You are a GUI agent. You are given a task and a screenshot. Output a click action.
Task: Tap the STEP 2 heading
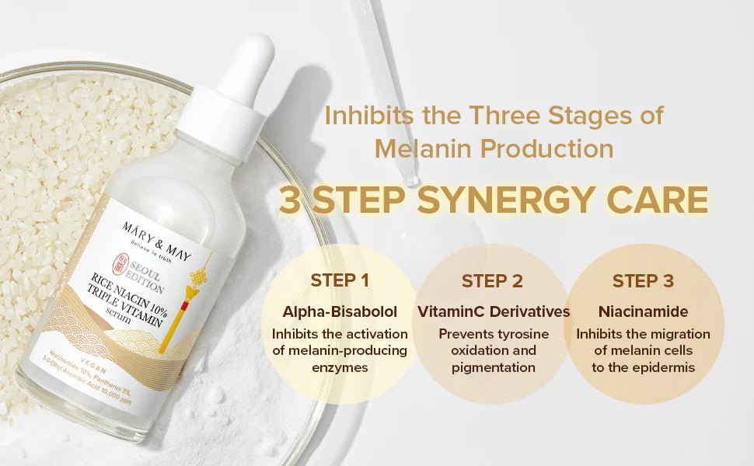tap(492, 281)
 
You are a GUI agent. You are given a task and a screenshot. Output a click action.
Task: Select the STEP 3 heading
tap(643, 280)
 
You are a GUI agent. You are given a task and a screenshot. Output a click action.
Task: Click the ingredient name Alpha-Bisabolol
tap(340, 311)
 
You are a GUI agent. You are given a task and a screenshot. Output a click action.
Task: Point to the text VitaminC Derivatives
tap(494, 311)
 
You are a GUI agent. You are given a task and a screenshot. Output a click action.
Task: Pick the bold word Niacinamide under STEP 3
tap(643, 311)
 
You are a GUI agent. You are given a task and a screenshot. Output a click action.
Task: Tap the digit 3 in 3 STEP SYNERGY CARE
tap(289, 200)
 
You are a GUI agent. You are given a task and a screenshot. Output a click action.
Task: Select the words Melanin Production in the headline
tap(494, 148)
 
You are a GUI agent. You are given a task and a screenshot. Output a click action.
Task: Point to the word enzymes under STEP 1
tap(340, 367)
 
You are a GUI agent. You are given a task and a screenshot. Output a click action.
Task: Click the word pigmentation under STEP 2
tap(493, 367)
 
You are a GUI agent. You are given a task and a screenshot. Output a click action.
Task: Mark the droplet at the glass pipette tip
tap(410, 179)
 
